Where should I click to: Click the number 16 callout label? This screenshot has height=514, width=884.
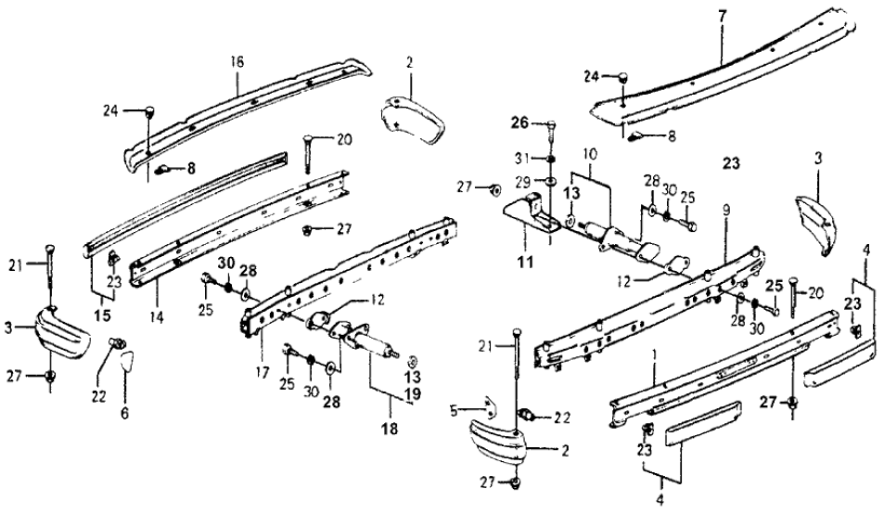[237, 61]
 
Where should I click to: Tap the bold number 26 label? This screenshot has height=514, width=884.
[519, 122]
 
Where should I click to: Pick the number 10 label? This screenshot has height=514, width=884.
[589, 152]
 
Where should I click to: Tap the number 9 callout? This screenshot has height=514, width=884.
[726, 211]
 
